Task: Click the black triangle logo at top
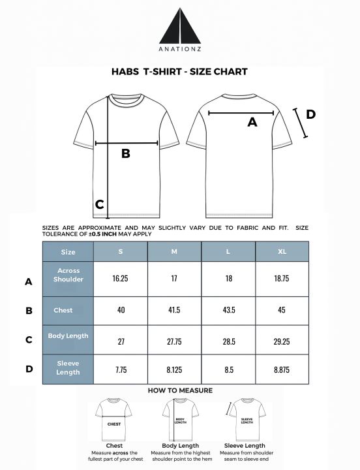coord(179,27)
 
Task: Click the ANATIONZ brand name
coord(179,55)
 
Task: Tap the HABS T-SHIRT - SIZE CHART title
coord(179,72)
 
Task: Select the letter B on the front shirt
coord(126,154)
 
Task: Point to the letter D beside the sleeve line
coord(310,114)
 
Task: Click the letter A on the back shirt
coord(252,121)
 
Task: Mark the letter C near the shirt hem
coord(100,204)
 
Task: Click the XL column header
coord(282,251)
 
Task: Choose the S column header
coord(121,251)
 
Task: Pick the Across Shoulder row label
coord(68,275)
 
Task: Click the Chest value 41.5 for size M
coord(174,309)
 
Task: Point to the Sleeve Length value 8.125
coord(174,369)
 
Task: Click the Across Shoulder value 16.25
coord(121,278)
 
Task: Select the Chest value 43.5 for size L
coord(228,309)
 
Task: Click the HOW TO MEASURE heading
coord(180,390)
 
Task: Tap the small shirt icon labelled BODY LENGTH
coord(180,418)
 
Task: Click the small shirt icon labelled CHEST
coord(113,418)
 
